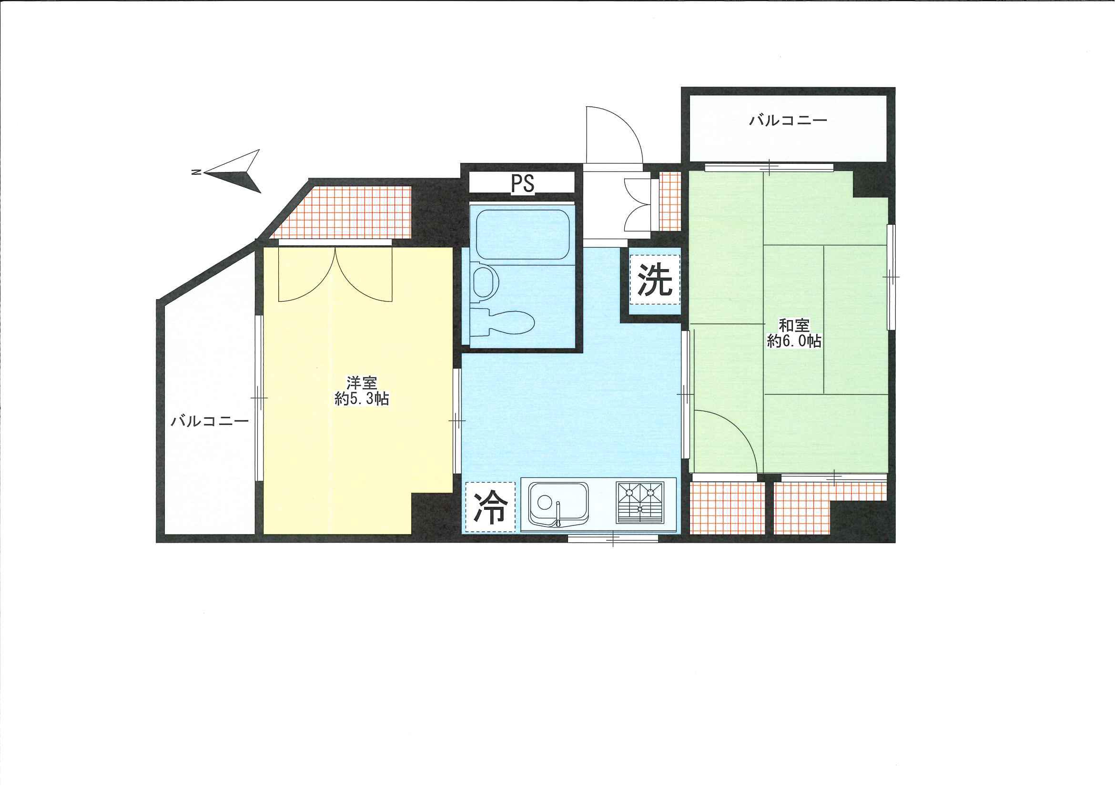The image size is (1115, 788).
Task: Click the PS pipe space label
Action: [522, 183]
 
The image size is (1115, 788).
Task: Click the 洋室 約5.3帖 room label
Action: [362, 391]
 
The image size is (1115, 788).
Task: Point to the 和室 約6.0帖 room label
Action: [794, 333]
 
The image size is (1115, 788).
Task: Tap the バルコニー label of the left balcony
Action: [210, 421]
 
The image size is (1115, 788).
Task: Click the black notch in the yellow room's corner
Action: [432, 514]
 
